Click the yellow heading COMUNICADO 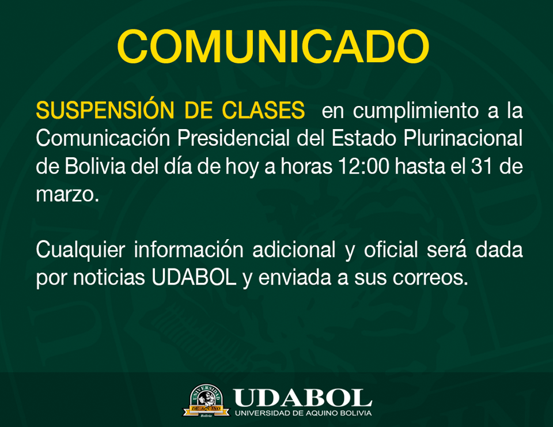273,47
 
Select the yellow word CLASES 263,110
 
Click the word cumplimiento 416,111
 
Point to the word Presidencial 233,138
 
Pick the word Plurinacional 463,138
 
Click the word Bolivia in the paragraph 95,166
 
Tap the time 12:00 363,166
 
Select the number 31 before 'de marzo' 482,166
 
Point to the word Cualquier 81,251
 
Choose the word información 189,250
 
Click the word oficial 391,250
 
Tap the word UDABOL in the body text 194,278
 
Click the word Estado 364,138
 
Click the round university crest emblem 206,400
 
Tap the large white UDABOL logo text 302,398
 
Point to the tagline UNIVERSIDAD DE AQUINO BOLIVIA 304,413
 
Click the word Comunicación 103,138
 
